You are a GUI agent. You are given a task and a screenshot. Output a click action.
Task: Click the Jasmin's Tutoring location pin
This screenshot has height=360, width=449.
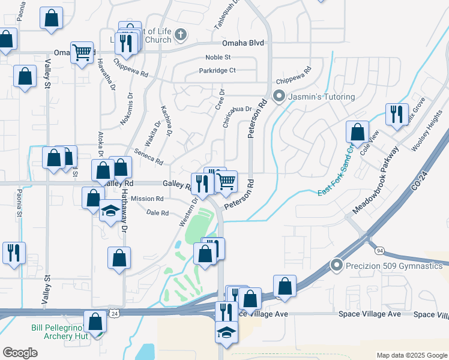click(279, 96)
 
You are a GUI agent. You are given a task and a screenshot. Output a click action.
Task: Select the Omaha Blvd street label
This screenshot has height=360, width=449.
click(243, 43)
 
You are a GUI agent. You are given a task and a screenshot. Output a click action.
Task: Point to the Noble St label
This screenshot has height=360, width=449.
click(218, 57)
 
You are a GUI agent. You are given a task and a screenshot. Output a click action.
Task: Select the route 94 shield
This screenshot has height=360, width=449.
click(380, 250)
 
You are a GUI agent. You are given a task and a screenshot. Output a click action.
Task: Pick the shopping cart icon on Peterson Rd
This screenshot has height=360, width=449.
click(226, 181)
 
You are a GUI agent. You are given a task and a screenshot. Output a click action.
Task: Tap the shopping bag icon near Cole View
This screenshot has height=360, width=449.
click(357, 133)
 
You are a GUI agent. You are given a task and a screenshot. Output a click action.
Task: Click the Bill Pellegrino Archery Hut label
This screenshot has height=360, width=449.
click(60, 332)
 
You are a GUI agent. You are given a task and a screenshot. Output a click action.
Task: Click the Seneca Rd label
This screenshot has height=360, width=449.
click(149, 157)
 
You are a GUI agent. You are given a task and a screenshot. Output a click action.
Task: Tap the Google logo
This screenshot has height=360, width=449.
click(20, 353)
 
